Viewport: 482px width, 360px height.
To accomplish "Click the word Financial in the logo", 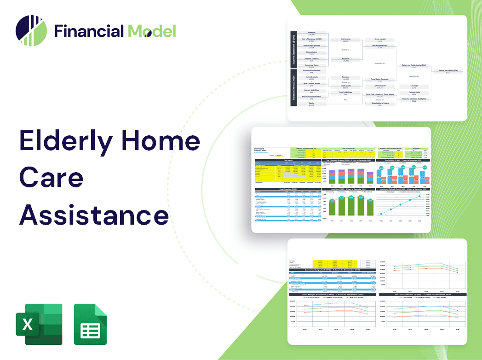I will tap(89, 31).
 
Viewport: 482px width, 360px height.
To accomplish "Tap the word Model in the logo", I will tap(152, 31).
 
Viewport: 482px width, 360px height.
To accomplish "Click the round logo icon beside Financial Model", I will tap(31, 30).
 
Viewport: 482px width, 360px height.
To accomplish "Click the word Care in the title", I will tap(51, 178).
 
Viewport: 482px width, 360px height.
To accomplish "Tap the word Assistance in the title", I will tap(93, 215).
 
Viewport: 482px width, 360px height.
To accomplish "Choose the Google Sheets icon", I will tap(90, 324).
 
